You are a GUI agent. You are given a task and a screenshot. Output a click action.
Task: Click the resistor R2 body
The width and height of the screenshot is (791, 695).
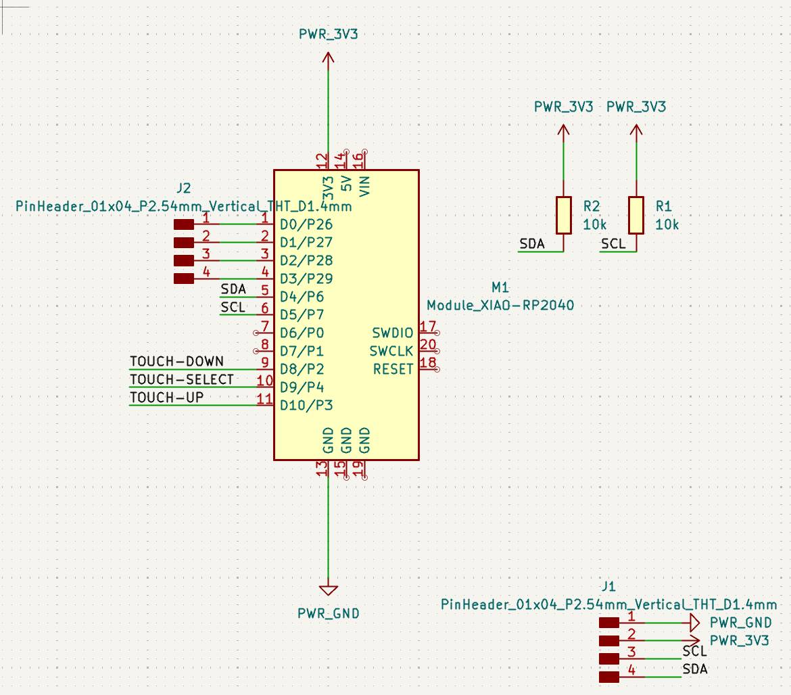563,215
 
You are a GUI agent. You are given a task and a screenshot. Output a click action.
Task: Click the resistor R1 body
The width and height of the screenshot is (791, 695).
636,215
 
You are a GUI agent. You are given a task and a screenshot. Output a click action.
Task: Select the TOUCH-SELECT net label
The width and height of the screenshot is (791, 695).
181,380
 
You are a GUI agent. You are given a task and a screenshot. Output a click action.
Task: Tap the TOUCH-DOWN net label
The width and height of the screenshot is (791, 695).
176,362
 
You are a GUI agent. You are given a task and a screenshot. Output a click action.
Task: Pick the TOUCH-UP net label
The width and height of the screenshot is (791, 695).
166,398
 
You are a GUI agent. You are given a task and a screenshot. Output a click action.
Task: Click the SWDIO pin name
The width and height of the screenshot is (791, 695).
392,333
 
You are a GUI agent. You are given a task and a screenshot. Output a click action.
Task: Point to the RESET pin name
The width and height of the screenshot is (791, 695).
393,370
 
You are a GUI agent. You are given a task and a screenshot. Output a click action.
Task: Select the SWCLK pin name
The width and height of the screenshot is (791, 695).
391,352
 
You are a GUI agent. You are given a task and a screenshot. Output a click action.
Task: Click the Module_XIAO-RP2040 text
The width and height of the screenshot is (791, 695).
500,306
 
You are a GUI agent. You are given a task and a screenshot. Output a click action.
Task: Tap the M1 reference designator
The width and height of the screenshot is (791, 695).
500,289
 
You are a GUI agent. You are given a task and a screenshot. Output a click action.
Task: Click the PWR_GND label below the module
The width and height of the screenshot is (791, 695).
329,614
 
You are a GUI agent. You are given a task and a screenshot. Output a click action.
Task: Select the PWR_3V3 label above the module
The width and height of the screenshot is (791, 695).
328,34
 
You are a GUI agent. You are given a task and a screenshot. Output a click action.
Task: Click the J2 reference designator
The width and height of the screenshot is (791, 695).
183,188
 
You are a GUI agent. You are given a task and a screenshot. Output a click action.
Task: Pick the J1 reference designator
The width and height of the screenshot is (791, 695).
608,586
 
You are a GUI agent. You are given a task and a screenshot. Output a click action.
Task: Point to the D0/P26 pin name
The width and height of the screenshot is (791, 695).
306,224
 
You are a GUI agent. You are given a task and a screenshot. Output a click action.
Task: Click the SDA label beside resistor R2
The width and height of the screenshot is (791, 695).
532,244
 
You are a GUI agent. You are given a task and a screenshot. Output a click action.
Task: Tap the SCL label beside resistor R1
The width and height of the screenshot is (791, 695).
613,244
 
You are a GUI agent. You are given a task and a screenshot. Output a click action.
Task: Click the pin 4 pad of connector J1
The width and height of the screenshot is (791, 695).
608,677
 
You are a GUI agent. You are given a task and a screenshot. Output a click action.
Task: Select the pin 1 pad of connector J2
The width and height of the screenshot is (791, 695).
184,224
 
